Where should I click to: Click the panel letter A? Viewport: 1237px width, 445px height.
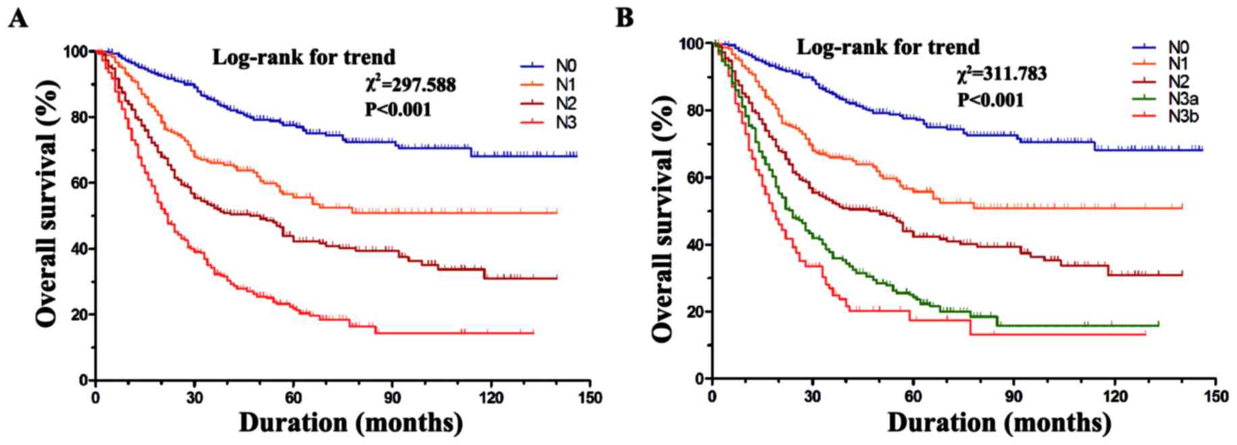pos(18,18)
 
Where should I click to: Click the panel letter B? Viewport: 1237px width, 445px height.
pos(624,18)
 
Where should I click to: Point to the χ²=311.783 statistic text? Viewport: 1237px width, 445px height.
pos(1002,73)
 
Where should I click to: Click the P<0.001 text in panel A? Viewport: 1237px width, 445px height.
pos(398,109)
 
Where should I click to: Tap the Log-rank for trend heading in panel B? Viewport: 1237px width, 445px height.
pos(888,47)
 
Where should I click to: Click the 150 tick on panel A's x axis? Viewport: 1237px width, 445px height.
pos(590,397)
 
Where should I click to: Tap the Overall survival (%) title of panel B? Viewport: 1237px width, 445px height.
pos(665,218)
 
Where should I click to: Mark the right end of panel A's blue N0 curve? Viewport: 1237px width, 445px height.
pos(577,155)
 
